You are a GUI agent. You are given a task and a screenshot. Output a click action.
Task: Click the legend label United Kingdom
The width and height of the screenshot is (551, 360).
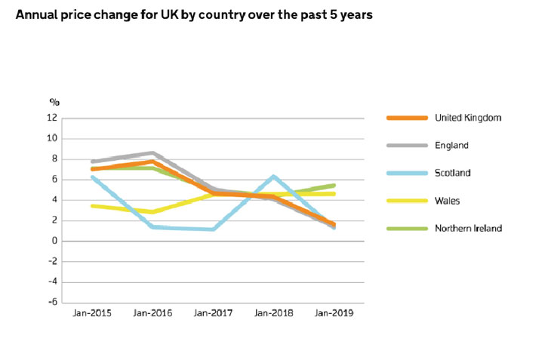(x=468, y=118)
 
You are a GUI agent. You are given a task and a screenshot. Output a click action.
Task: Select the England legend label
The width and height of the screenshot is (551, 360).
(x=452, y=145)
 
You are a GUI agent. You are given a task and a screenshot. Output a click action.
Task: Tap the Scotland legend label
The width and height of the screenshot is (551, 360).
(x=454, y=173)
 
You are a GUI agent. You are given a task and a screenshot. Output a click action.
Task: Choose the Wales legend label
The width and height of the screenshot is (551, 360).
(x=448, y=200)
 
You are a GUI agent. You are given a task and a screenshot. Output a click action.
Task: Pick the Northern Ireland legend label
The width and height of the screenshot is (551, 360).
(x=467, y=227)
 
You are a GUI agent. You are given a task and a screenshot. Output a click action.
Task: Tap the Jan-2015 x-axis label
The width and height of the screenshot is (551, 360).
(x=92, y=312)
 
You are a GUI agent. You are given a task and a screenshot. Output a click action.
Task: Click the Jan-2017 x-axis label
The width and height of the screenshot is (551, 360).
(x=213, y=312)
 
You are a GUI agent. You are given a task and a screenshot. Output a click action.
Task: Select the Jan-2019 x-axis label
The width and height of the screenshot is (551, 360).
(x=333, y=312)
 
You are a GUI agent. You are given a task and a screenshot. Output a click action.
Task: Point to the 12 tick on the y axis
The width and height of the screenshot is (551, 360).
(x=52, y=118)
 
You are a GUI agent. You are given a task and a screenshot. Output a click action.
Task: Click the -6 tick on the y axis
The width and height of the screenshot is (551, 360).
(x=52, y=303)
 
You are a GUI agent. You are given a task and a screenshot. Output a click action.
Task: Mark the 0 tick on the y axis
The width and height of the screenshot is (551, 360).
(x=54, y=241)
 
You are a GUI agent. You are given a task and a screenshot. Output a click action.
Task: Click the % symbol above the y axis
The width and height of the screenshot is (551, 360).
(x=54, y=101)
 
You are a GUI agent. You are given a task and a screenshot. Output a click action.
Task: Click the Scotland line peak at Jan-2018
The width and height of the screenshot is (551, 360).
(x=273, y=177)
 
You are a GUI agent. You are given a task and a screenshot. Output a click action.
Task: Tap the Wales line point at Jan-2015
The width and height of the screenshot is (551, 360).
(x=92, y=205)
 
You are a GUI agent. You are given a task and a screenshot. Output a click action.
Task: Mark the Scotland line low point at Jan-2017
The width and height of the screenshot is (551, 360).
(x=213, y=229)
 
